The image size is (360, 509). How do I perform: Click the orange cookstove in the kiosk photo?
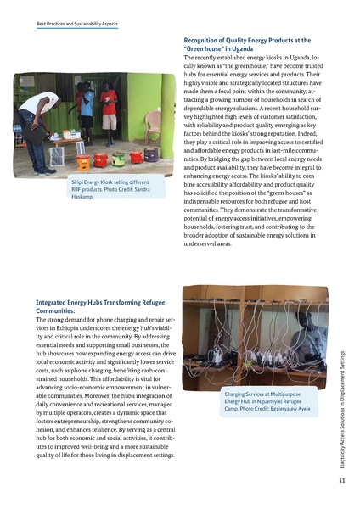(x=84, y=161)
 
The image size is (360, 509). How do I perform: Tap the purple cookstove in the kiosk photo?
(x=152, y=155)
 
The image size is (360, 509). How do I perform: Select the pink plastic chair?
(x=152, y=126)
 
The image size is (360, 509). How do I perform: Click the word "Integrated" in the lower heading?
(x=56, y=302)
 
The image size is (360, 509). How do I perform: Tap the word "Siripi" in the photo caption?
(x=81, y=182)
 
